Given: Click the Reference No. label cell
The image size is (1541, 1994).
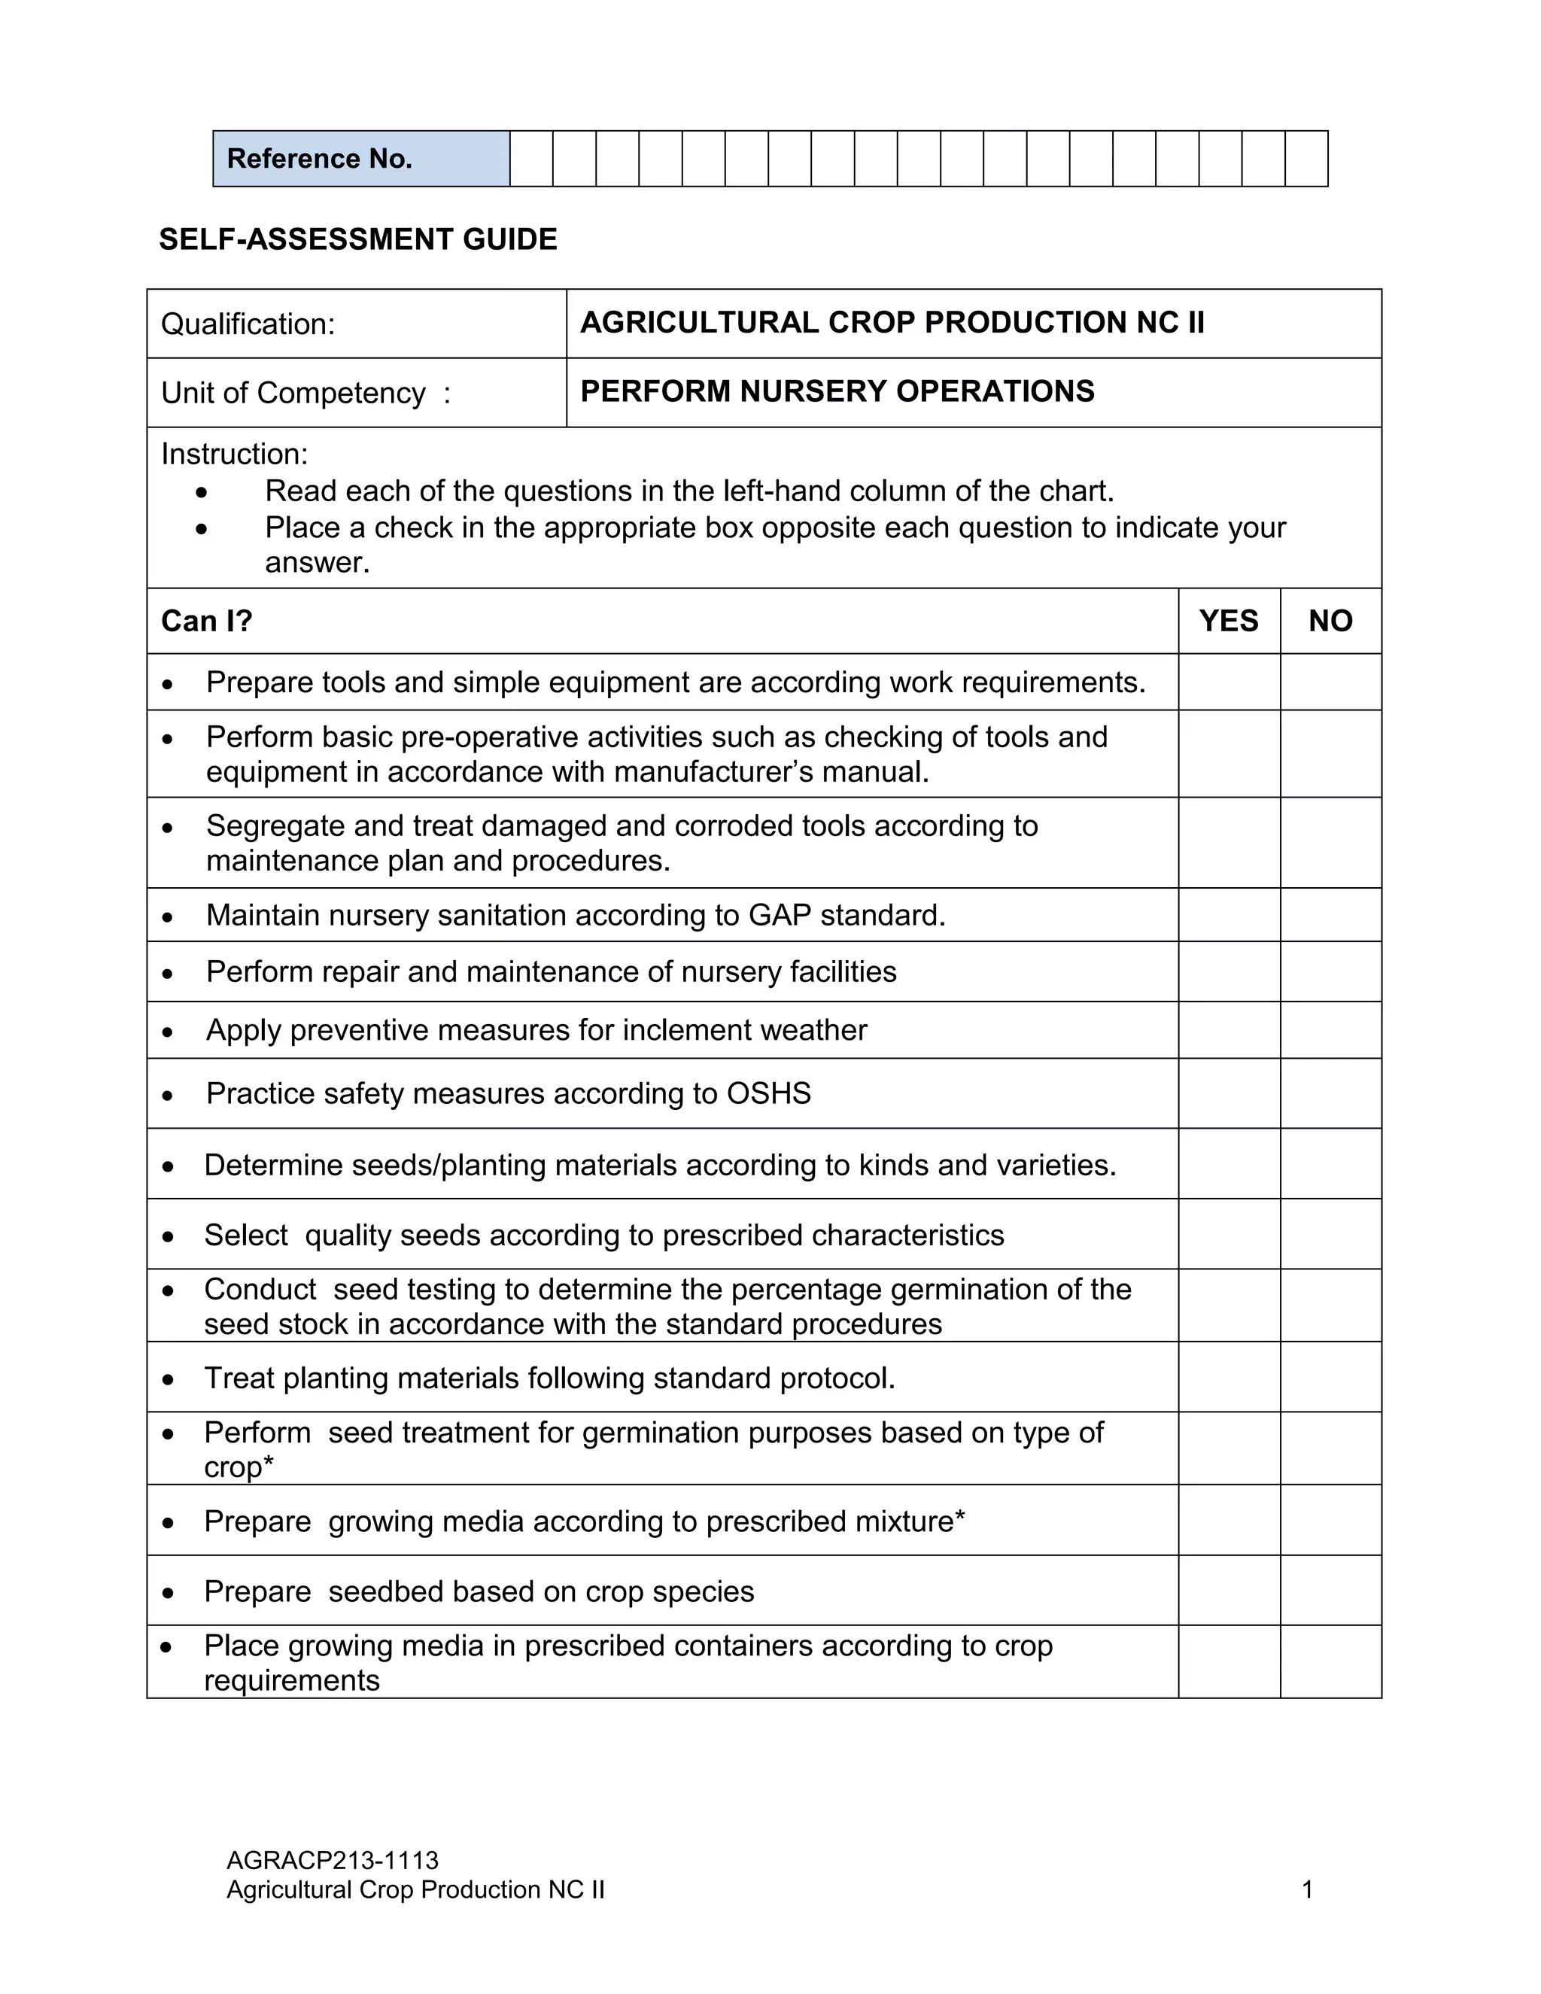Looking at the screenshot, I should pyautogui.click(x=360, y=159).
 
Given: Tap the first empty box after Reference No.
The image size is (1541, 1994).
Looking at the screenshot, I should pyautogui.click(x=531, y=159).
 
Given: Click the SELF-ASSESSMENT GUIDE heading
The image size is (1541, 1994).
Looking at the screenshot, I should pyautogui.click(x=358, y=239).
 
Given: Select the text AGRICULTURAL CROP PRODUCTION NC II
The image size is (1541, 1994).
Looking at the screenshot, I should pyautogui.click(x=892, y=322).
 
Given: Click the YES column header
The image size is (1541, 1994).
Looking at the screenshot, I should pyautogui.click(x=1228, y=621).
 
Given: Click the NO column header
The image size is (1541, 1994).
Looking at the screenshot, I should pyautogui.click(x=1330, y=621).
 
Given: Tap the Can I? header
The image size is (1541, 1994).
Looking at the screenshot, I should pyautogui.click(x=206, y=621).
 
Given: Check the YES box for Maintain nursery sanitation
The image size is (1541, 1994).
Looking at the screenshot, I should pyautogui.click(x=1228, y=915).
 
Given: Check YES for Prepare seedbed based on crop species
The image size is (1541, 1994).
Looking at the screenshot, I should pyautogui.click(x=1228, y=1591).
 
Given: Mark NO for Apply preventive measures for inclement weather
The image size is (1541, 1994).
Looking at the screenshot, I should pyautogui.click(x=1330, y=1030).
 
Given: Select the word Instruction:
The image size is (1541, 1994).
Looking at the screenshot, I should pyautogui.click(x=235, y=454).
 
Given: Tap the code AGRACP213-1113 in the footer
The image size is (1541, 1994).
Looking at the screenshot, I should pyautogui.click(x=333, y=1861).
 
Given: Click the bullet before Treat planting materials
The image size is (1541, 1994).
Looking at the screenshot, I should pyautogui.click(x=168, y=1379).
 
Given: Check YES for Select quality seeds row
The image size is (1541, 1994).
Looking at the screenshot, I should pyautogui.click(x=1228, y=1234).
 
